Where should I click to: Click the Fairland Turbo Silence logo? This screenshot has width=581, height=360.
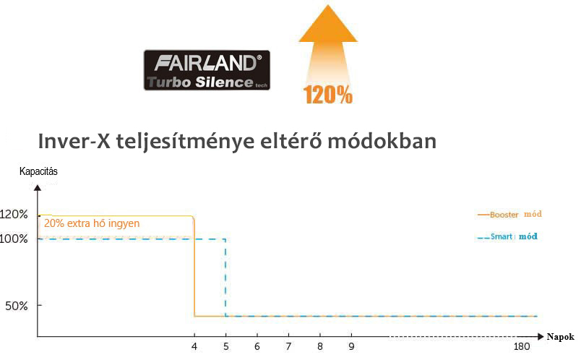[207, 70]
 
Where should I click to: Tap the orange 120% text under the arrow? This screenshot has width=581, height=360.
[328, 95]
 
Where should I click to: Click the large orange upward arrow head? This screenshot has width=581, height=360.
[328, 23]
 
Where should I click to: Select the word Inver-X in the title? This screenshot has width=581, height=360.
[74, 141]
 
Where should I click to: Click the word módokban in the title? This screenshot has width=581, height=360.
[382, 141]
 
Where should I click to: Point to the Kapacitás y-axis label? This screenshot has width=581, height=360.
[38, 171]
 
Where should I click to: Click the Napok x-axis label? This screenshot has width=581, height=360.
[560, 337]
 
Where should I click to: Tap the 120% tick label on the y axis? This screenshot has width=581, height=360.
[14, 214]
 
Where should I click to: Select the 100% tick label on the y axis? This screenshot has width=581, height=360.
[14, 239]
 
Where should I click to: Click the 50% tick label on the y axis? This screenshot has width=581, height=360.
[17, 307]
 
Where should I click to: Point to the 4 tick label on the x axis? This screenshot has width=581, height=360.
[194, 347]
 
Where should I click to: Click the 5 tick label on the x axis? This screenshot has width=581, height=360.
[225, 347]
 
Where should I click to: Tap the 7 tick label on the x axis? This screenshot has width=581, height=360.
[288, 347]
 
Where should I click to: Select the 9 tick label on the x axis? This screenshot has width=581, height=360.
[351, 347]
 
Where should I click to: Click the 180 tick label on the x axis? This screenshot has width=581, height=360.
[522, 347]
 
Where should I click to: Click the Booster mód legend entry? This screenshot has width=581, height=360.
[510, 214]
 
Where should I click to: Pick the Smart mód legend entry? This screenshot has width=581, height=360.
[507, 236]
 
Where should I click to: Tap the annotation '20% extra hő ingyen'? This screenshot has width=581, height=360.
[92, 223]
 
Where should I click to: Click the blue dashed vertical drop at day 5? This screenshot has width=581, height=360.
[225, 278]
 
